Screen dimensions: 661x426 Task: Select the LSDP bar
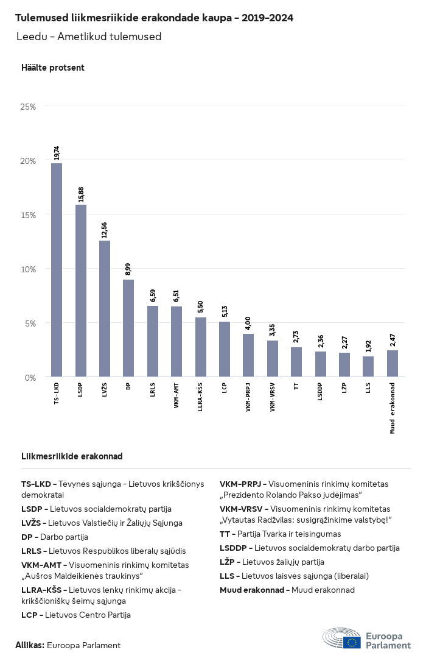click(x=81, y=291)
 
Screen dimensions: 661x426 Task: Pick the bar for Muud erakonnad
click(x=393, y=364)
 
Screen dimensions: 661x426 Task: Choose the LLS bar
click(x=368, y=367)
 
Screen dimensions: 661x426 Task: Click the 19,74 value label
click(x=57, y=153)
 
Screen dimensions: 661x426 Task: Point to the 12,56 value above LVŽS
click(x=105, y=230)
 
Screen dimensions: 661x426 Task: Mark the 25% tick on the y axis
click(x=29, y=107)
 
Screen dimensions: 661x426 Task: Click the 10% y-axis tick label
click(x=29, y=269)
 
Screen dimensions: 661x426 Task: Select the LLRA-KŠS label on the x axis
click(x=200, y=397)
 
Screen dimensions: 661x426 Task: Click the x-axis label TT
click(x=296, y=387)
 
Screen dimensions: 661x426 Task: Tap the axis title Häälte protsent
click(x=53, y=68)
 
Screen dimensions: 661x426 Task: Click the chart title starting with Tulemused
click(x=155, y=18)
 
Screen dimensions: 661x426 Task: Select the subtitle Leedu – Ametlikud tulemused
click(x=89, y=37)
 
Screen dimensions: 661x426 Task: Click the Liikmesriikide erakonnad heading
click(x=72, y=456)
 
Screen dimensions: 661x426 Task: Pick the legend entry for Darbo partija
click(x=55, y=537)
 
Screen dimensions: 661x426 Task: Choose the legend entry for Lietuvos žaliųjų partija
click(x=272, y=562)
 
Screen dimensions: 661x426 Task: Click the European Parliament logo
click(x=367, y=638)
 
